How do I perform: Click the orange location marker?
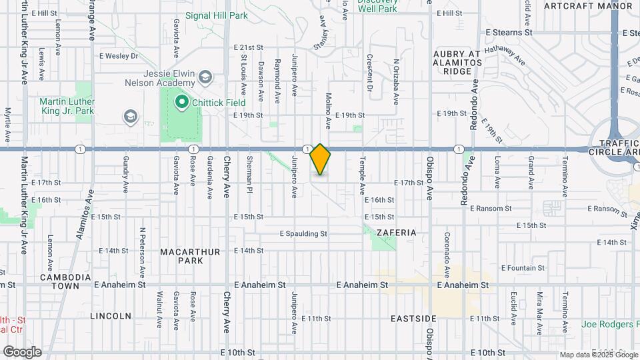[x=320, y=159]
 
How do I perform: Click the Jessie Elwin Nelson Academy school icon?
[x=205, y=78]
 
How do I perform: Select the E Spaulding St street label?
[x=303, y=234]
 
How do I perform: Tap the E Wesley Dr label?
[x=118, y=56]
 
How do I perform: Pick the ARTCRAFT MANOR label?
[x=587, y=5]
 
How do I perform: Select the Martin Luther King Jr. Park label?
[x=67, y=106]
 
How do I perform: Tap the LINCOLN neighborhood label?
[x=110, y=315]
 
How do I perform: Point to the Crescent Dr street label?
[x=369, y=73]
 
